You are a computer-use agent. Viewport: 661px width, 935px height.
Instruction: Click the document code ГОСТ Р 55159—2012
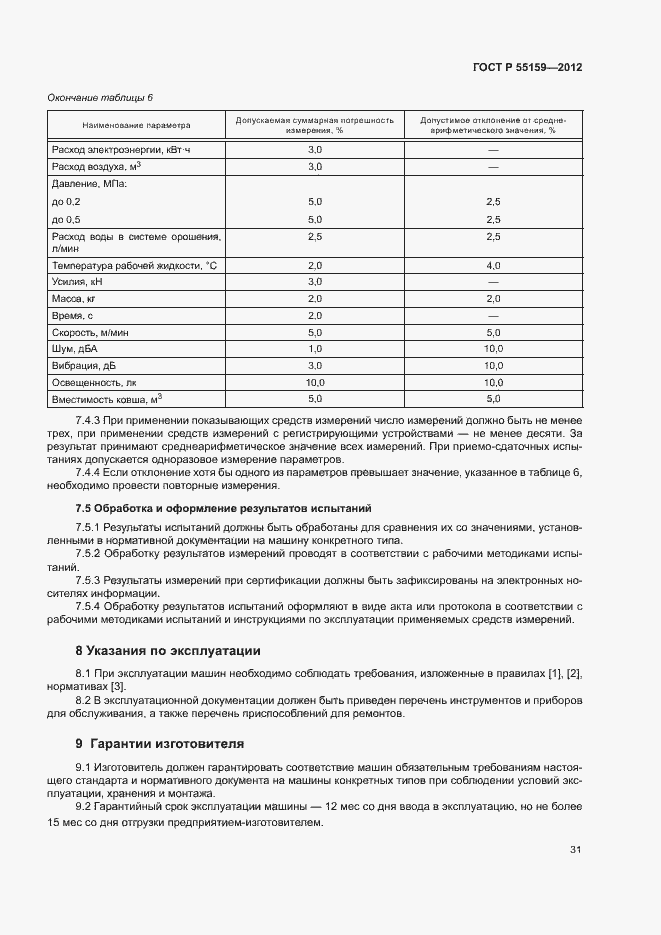(x=527, y=68)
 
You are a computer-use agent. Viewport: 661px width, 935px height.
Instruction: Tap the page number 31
(x=576, y=850)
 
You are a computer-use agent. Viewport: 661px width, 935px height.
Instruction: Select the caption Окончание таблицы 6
(x=100, y=97)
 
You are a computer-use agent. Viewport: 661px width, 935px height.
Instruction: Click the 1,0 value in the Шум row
(x=314, y=347)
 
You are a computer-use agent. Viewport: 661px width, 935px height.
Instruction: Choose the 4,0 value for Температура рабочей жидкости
(x=493, y=265)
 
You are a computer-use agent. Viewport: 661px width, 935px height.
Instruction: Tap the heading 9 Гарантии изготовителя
(x=160, y=743)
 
